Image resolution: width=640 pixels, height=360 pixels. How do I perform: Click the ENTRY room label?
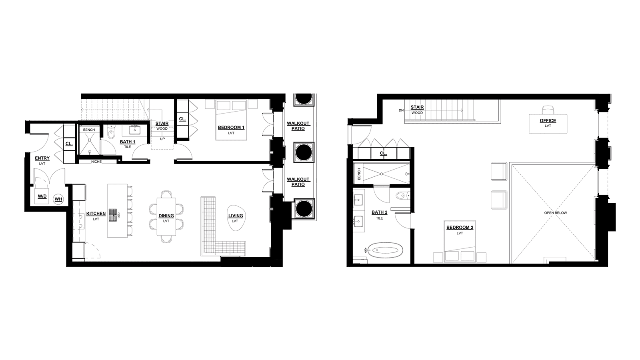pyautogui.click(x=42, y=158)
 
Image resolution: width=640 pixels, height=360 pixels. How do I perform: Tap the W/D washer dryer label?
pyautogui.click(x=42, y=196)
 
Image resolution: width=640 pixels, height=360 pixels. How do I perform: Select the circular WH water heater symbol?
pyautogui.click(x=58, y=199)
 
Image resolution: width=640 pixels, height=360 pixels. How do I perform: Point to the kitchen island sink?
pyautogui.click(x=114, y=215)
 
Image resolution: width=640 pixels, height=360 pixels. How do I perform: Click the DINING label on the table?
pyautogui.click(x=166, y=216)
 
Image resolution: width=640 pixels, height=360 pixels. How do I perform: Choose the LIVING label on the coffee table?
pyautogui.click(x=236, y=216)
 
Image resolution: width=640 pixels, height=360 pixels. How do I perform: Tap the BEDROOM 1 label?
pyautogui.click(x=231, y=128)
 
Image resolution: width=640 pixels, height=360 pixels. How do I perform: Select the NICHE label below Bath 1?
pyautogui.click(x=96, y=162)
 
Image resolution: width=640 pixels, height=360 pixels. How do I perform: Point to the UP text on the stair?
pyautogui.click(x=162, y=139)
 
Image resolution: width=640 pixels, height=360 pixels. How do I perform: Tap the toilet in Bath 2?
pyautogui.click(x=403, y=196)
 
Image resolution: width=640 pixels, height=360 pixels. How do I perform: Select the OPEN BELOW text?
pyautogui.click(x=556, y=213)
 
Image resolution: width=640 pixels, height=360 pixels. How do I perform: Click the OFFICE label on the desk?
pyautogui.click(x=548, y=120)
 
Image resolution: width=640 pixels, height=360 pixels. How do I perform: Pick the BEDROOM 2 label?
pyautogui.click(x=460, y=228)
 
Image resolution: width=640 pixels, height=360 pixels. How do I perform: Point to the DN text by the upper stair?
pyautogui.click(x=402, y=110)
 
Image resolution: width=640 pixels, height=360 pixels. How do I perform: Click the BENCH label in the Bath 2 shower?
pyautogui.click(x=359, y=174)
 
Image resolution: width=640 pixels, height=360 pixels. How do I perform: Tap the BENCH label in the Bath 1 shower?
pyautogui.click(x=89, y=130)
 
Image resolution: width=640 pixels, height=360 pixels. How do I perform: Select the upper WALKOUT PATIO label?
pyautogui.click(x=298, y=126)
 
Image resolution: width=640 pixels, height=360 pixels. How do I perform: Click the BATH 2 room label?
pyautogui.click(x=380, y=212)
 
